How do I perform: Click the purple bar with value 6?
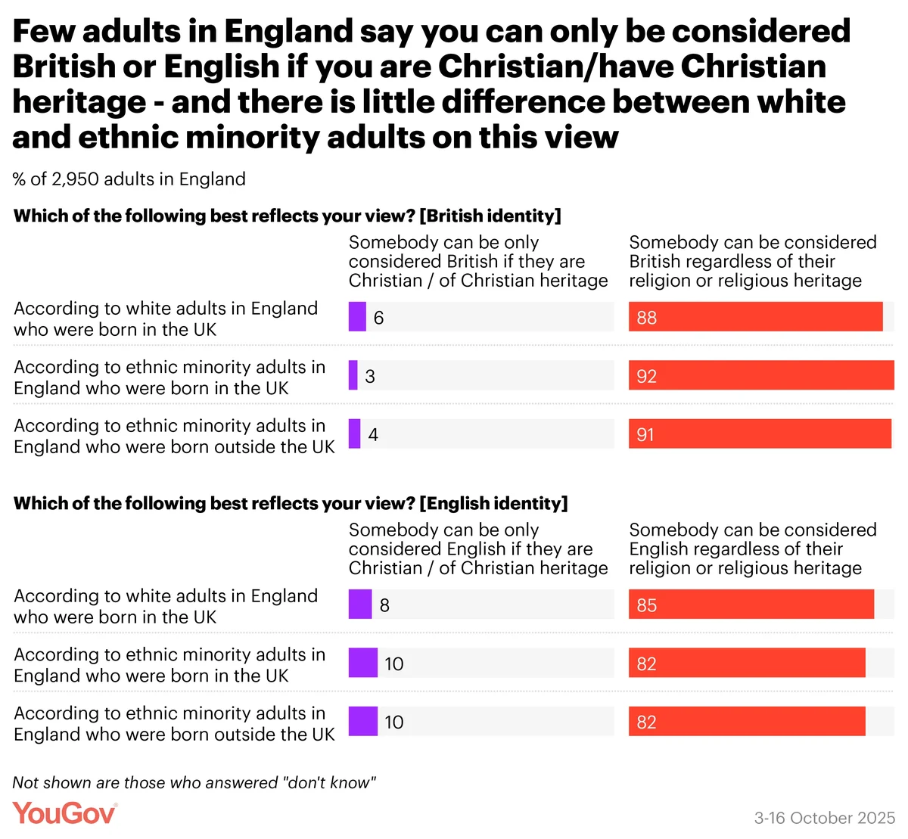pyautogui.click(x=357, y=317)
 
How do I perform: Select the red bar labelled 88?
pyautogui.click(x=755, y=317)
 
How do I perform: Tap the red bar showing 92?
pyautogui.click(x=761, y=376)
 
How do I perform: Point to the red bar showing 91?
pyautogui.click(x=760, y=434)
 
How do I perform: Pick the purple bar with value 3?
pyautogui.click(x=353, y=376)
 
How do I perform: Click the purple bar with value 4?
pyautogui.click(x=355, y=434)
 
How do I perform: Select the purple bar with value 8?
pyautogui.click(x=360, y=605)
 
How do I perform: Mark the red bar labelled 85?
pyautogui.click(x=751, y=605)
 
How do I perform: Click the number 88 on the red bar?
pyautogui.click(x=647, y=318)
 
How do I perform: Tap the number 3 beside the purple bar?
pyautogui.click(x=370, y=377)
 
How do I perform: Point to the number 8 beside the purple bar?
pyautogui.click(x=384, y=606)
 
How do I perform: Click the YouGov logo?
pyautogui.click(x=65, y=813)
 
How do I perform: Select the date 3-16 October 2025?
pyautogui.click(x=824, y=818)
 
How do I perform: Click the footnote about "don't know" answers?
pyautogui.click(x=194, y=783)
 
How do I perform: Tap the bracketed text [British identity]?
pyautogui.click(x=490, y=216)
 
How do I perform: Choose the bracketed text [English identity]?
pyautogui.click(x=493, y=504)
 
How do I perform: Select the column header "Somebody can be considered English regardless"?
pyautogui.click(x=752, y=549)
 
